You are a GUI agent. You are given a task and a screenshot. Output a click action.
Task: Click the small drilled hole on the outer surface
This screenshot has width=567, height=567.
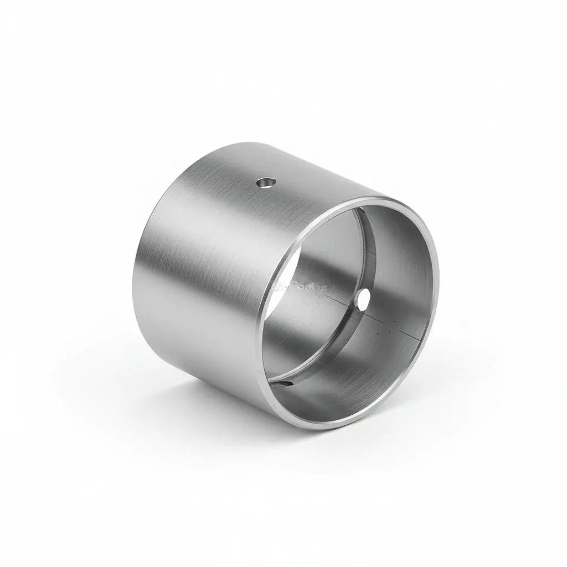click(266, 182)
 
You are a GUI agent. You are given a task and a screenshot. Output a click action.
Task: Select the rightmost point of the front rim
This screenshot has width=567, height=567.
click(437, 288)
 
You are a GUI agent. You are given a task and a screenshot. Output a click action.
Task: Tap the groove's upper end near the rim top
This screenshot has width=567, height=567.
click(360, 210)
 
